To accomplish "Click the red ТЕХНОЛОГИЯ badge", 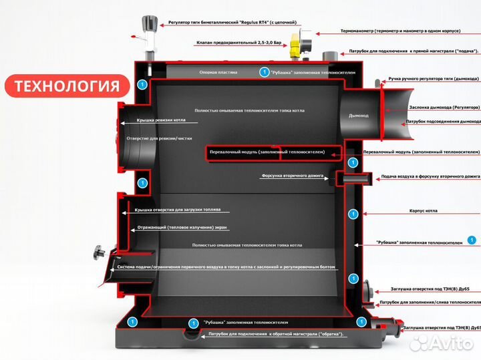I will [x=67, y=85].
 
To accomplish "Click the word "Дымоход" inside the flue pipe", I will [x=359, y=116].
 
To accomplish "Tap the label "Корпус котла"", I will [x=423, y=210].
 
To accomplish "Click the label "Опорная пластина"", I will [x=216, y=71].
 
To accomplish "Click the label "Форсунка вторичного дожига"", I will [x=293, y=176].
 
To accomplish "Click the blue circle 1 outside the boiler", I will [x=472, y=239].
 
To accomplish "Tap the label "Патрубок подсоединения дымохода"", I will [x=443, y=122].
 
